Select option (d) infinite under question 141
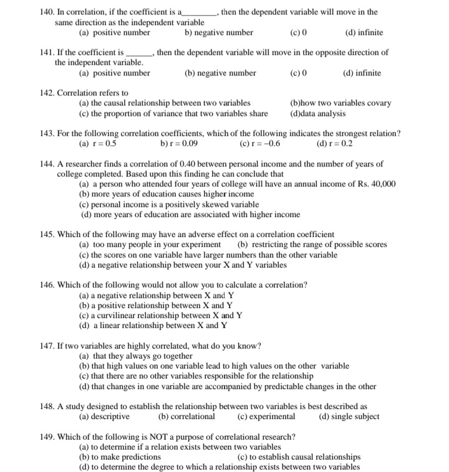click(x=362, y=73)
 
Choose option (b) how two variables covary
click(x=340, y=103)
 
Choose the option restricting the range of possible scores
click(x=312, y=244)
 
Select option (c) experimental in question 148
click(x=266, y=417)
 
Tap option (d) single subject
click(x=349, y=417)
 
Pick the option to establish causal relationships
click(x=299, y=457)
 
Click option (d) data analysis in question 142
click(x=317, y=113)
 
